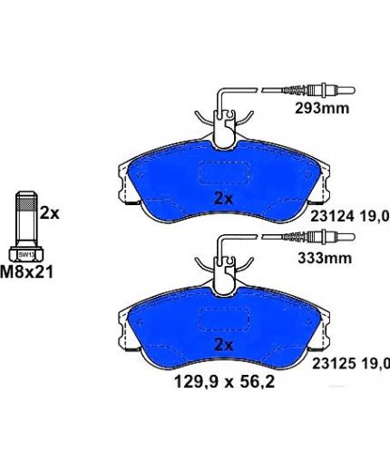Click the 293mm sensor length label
322,108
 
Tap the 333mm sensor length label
325,258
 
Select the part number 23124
332,217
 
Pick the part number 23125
334,364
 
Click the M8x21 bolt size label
27,271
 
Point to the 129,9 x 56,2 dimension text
225,382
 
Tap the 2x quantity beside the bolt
50,213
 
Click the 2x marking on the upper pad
223,199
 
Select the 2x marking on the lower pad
223,345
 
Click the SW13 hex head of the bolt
26,254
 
